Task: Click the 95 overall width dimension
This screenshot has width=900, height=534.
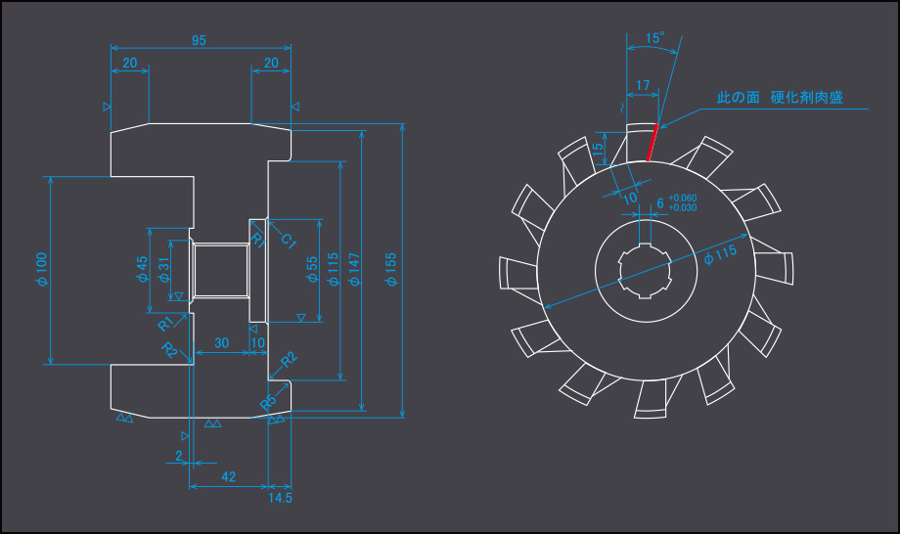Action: [x=199, y=40]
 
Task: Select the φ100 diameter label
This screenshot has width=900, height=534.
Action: [x=41, y=269]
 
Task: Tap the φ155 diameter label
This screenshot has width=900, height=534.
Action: [x=391, y=269]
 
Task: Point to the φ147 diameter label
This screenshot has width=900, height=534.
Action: [x=354, y=269]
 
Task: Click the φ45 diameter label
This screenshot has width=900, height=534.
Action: [x=142, y=269]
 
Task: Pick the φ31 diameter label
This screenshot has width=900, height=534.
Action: [x=163, y=270]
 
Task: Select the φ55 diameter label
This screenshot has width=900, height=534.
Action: [x=312, y=269]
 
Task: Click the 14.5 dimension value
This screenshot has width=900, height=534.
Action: [x=280, y=498]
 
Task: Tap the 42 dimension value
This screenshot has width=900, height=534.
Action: [x=229, y=476]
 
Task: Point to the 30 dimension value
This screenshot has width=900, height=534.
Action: [x=221, y=343]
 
